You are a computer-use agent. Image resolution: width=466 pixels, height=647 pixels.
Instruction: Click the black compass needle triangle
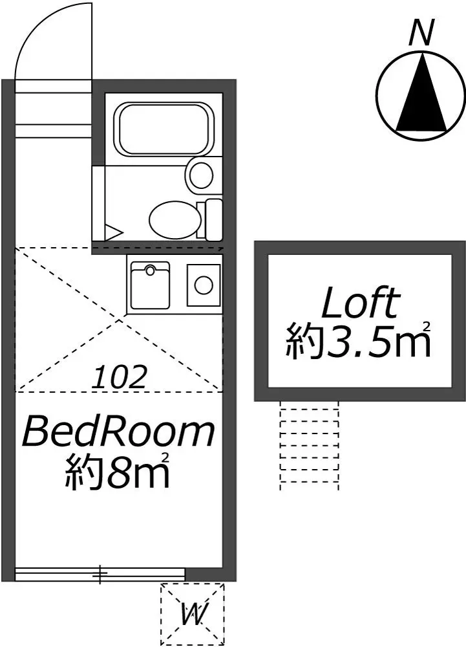pyautogui.click(x=421, y=94)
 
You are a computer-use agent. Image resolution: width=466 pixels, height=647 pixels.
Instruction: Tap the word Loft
pyautogui.click(x=359, y=303)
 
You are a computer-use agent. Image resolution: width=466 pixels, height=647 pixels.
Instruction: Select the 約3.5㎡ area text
pyautogui.click(x=359, y=343)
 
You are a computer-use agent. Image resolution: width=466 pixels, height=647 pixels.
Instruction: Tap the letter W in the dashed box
pyautogui.click(x=192, y=613)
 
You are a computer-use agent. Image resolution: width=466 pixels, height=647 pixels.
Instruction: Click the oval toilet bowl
pyautogui.click(x=172, y=219)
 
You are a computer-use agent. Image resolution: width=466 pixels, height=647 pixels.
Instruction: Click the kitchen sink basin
pyautogui.click(x=150, y=285)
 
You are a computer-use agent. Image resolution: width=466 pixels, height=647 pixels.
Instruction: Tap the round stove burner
pyautogui.click(x=204, y=284)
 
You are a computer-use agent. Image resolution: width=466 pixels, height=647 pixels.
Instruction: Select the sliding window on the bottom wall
pyautogui.click(x=100, y=573)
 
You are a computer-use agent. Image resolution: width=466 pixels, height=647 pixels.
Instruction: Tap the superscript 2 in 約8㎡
pyautogui.click(x=166, y=458)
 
